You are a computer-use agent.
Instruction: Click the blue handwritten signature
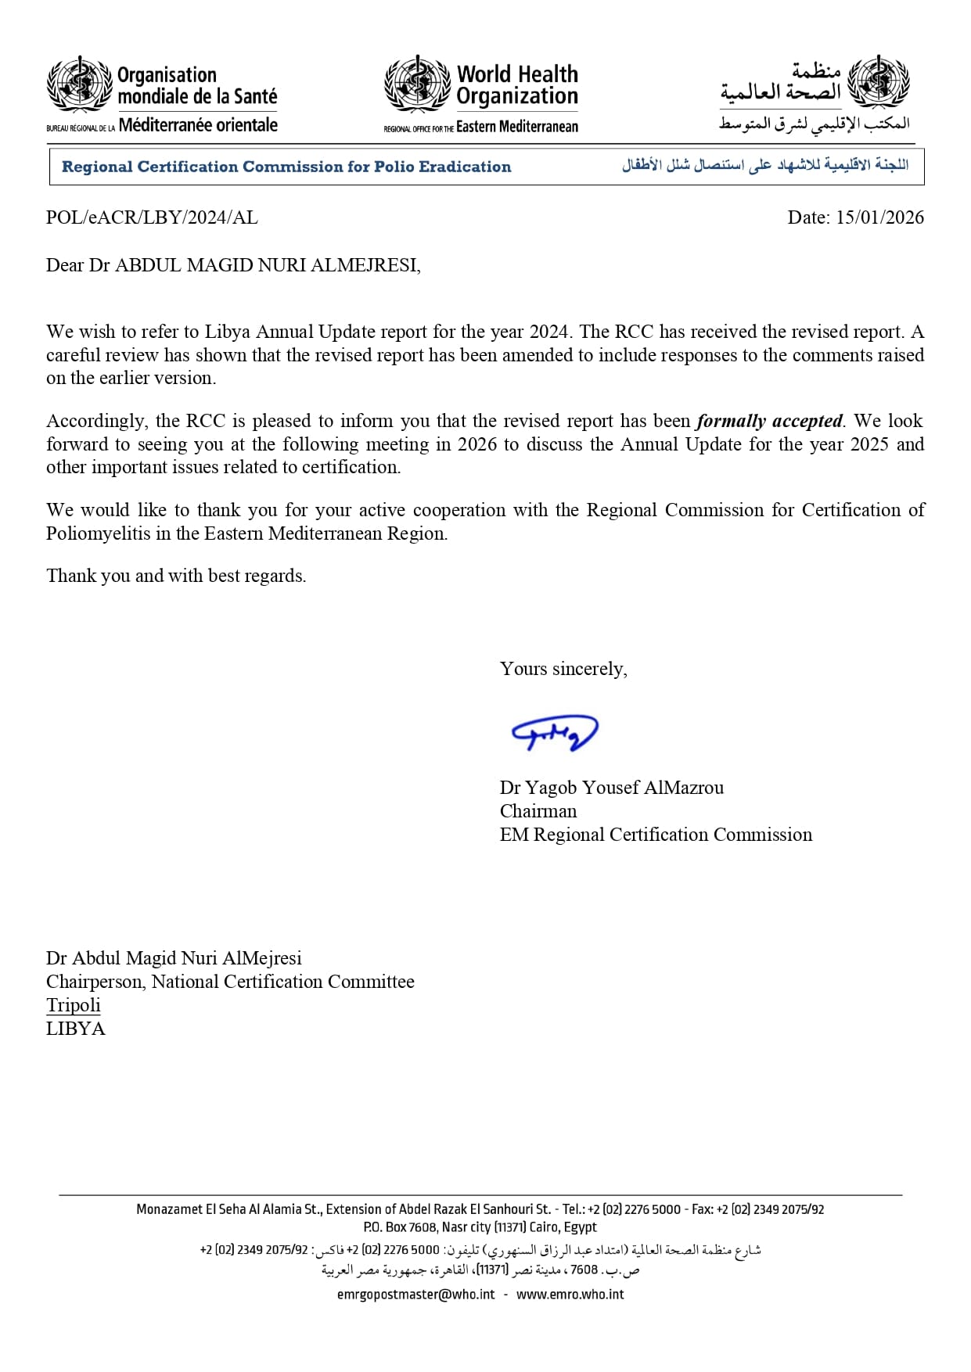tap(554, 733)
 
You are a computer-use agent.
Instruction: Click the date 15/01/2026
tap(879, 217)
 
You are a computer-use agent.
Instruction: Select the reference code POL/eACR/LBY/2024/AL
tap(152, 217)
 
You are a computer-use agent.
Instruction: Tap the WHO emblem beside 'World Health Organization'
tap(417, 84)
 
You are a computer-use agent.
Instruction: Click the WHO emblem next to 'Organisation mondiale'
tap(79, 84)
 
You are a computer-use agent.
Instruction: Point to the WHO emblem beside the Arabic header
tap(879, 81)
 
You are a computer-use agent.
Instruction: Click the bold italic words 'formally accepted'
tap(769, 421)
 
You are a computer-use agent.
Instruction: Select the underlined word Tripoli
tap(74, 1005)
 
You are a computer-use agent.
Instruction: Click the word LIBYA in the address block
tap(76, 1029)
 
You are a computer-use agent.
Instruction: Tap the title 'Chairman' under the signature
tap(538, 811)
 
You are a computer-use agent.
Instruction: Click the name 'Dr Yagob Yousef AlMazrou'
tap(612, 788)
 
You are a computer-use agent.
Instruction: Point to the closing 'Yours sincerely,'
tap(563, 669)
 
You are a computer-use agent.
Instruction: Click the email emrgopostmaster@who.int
tap(416, 1295)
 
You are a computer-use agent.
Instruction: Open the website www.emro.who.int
tap(570, 1295)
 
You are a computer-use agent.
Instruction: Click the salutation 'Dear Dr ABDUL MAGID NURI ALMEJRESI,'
tap(233, 265)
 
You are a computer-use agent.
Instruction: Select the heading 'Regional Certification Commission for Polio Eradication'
tap(286, 167)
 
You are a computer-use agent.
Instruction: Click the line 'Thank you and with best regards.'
tap(176, 576)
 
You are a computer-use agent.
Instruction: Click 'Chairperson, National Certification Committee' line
tap(230, 982)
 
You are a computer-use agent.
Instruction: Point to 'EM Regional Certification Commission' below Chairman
tap(656, 835)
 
